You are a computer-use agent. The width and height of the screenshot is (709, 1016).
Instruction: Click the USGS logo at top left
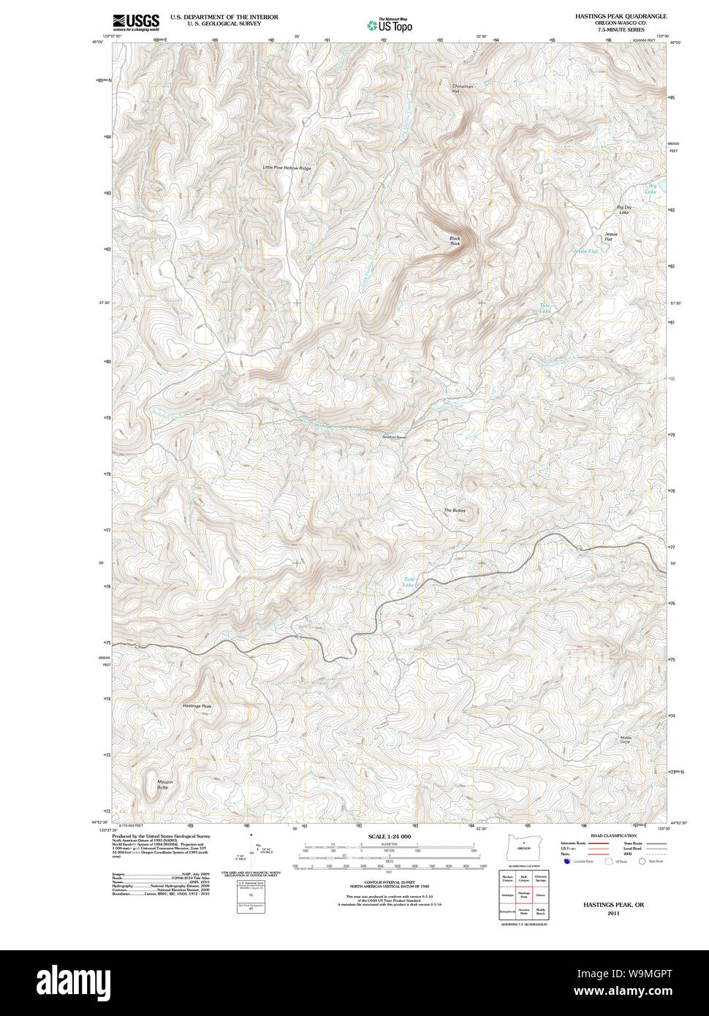135,23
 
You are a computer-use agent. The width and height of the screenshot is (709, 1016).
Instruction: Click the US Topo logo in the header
390,26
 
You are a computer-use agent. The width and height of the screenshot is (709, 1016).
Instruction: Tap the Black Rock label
455,240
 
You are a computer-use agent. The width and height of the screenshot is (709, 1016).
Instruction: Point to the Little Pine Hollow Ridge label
287,168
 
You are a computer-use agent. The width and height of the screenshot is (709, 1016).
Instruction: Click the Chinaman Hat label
463,88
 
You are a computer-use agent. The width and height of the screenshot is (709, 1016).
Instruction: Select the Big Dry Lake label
623,210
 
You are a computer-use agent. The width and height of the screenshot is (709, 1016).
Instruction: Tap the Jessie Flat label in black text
610,236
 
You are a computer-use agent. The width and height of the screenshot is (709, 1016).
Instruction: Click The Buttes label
454,510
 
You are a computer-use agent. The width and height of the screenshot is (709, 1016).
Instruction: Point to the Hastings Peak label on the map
197,706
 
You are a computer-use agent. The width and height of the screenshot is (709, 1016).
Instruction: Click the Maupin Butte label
164,784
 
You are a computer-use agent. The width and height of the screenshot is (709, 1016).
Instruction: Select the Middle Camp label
626,740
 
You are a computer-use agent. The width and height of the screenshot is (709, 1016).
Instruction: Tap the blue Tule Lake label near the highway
409,583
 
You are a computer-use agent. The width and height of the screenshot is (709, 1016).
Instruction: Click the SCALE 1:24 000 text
390,836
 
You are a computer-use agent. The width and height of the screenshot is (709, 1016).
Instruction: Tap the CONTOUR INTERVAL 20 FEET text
389,883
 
